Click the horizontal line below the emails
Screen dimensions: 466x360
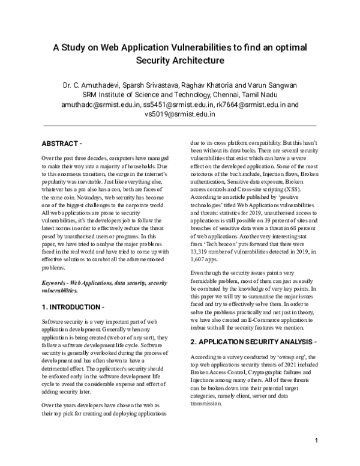click(179, 126)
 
